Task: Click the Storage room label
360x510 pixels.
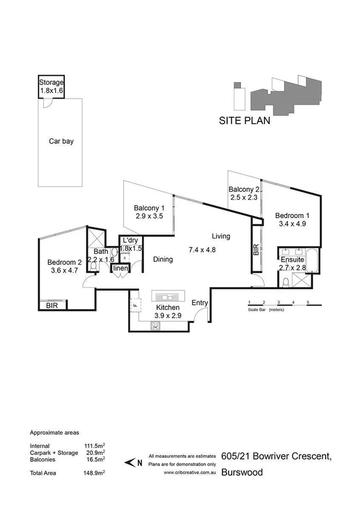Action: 51,83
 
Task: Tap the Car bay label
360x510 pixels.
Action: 61,142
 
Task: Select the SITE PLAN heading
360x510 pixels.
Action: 244,120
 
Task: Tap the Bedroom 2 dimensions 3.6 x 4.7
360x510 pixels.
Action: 64,271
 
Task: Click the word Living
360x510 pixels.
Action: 221,236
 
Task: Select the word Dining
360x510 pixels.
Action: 163,260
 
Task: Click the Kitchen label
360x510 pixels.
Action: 168,308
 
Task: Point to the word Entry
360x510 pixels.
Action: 200,303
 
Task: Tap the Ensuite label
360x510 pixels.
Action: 293,260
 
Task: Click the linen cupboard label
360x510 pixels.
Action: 121,268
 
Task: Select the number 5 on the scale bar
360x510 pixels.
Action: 308,302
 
